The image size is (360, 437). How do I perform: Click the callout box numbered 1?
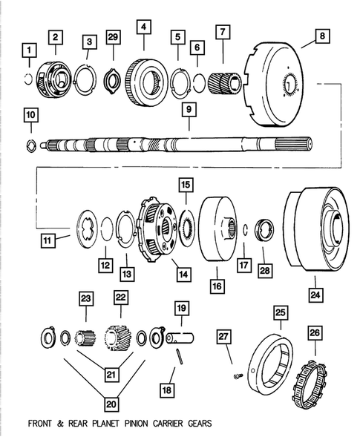pos(29,50)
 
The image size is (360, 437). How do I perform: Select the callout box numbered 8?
pos(320,35)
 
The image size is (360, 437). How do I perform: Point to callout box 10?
pos(30,115)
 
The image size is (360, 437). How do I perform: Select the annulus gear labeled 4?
pos(144,74)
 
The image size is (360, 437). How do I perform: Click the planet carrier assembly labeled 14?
pos(156,224)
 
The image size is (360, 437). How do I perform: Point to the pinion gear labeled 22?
pos(117,338)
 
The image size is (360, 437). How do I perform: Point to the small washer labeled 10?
pos(30,141)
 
